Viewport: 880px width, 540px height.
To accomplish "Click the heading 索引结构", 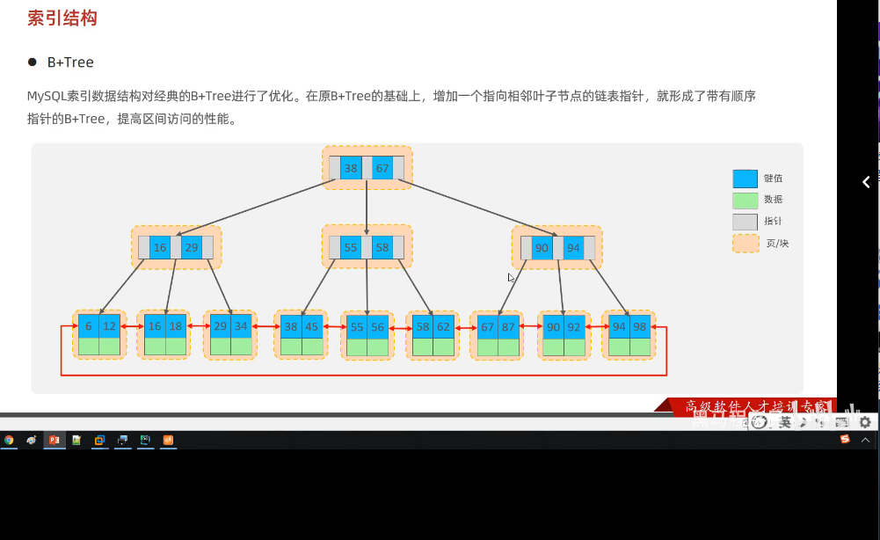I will [62, 18].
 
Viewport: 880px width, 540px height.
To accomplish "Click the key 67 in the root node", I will [382, 168].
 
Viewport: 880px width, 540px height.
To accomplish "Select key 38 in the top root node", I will [351, 168].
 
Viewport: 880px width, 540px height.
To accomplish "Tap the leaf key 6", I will [89, 326].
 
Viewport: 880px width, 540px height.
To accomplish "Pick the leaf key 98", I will [639, 327].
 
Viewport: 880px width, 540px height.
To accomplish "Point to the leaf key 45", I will [313, 327].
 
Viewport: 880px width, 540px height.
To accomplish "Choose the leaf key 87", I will [509, 327].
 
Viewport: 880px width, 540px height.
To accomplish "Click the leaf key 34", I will [242, 326].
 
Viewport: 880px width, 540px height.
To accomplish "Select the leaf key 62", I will [443, 327].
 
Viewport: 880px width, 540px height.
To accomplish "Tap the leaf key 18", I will [176, 326].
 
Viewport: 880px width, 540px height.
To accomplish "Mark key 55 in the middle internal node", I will [351, 248].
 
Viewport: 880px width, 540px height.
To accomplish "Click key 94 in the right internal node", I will [573, 248].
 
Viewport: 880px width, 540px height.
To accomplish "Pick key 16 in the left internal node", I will [160, 248].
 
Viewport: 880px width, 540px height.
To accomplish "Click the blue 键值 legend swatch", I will [745, 179].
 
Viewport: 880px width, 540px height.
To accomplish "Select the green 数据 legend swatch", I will [745, 200].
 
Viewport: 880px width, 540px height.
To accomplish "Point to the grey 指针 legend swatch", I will [745, 222].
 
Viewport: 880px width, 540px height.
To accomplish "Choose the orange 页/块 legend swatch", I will [745, 243].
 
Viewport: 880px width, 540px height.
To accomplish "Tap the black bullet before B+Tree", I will [33, 62].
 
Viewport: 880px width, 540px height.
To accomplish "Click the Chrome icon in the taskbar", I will [9, 440].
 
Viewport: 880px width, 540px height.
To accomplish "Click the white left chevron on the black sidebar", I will [866, 182].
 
